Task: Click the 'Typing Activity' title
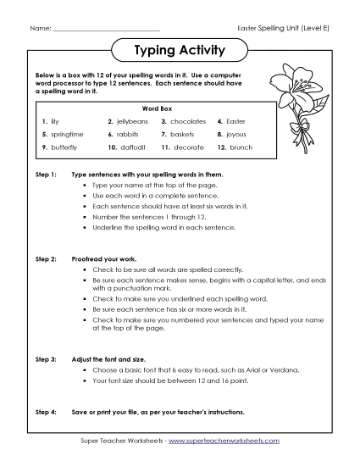[180, 50]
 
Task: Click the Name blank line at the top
[106, 31]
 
